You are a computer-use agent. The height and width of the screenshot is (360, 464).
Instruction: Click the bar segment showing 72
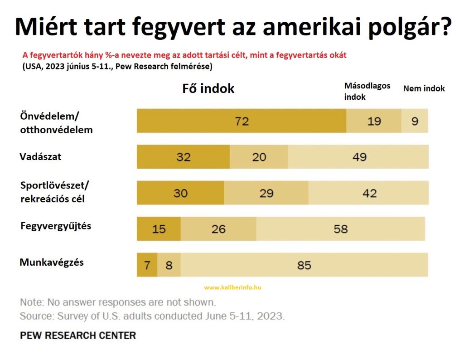242,121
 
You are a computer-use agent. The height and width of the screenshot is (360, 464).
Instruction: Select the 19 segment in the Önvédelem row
374,121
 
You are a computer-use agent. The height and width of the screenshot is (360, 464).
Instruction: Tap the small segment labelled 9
415,121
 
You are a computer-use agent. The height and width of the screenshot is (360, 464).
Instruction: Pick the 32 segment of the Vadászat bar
183,157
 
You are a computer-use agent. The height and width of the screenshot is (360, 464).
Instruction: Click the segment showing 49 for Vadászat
358,157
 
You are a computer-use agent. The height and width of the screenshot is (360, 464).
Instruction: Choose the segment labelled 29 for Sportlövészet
266,193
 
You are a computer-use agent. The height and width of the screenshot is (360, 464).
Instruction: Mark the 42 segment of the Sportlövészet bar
368,193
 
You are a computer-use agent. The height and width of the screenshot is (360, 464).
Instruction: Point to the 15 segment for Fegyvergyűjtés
159,229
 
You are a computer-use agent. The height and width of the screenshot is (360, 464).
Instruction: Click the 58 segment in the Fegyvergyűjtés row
340,229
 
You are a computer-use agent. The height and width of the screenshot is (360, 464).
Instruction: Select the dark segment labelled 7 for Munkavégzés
147,265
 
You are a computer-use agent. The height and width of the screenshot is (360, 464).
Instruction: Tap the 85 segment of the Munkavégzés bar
304,265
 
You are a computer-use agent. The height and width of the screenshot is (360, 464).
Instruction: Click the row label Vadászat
40,157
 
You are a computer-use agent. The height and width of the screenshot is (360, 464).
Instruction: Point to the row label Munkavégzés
52,262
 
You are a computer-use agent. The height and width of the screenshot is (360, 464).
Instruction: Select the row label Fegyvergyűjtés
56,225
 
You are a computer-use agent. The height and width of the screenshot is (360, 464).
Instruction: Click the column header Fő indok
208,88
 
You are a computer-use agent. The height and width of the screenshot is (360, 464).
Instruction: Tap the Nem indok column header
424,88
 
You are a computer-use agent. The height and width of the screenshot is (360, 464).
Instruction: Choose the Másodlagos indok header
367,91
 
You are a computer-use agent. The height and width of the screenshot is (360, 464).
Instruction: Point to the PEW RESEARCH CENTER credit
77,336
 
